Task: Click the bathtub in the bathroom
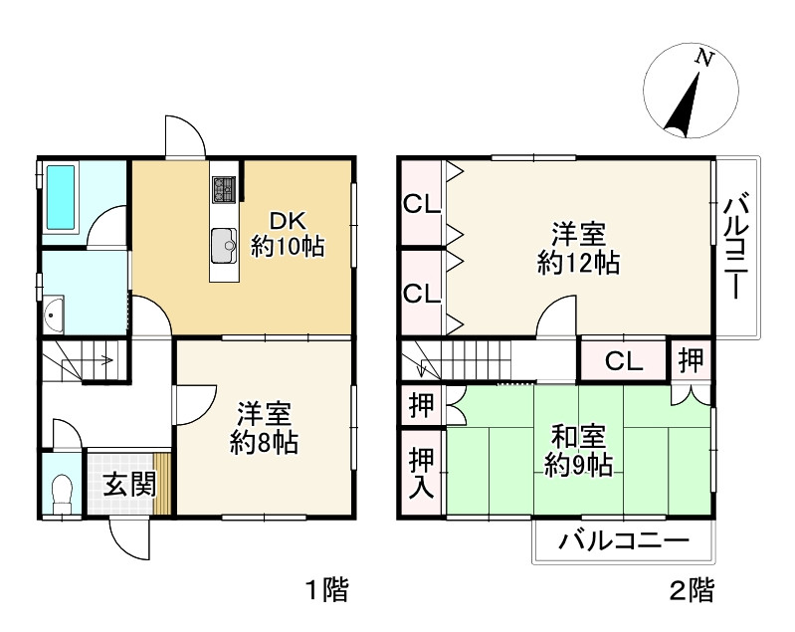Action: pos(61,198)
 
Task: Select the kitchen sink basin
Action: pos(224,246)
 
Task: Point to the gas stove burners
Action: pos(224,190)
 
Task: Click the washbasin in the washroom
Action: pos(54,314)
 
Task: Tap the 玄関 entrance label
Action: pos(129,485)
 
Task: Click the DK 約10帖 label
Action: pos(288,234)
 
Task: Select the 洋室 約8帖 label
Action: pos(264,428)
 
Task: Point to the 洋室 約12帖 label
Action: pos(578,248)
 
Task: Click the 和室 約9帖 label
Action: pos(578,451)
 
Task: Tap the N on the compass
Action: pos(704,58)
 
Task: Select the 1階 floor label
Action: pos(328,590)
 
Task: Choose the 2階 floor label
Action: pos(693,590)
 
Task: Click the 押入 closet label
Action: pos(421,472)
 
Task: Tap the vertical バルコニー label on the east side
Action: pos(735,247)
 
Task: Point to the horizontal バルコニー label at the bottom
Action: pos(624,541)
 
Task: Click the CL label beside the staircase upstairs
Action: pos(624,361)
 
